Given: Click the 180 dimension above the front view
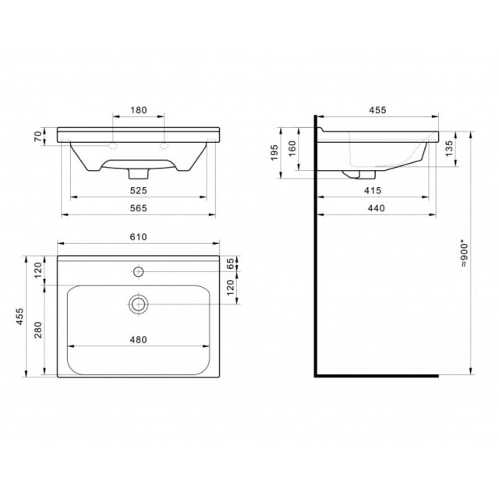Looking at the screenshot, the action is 139,110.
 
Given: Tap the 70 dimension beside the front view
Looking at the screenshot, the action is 38,136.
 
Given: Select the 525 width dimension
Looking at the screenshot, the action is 139,190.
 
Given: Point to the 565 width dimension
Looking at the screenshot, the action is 139,208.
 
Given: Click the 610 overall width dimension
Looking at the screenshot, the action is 139,237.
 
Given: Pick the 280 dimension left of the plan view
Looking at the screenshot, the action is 38,330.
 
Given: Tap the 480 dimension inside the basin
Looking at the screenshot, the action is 139,340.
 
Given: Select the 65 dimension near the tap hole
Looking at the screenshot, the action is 231,264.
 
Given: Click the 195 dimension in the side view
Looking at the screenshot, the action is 274,153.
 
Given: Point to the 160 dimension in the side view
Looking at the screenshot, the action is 292,148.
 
